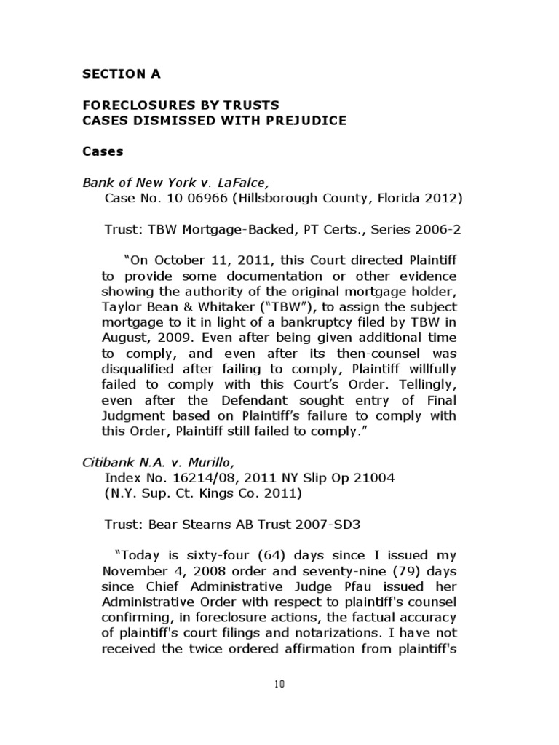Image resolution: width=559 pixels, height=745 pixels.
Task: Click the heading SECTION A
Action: [x=121, y=74]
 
